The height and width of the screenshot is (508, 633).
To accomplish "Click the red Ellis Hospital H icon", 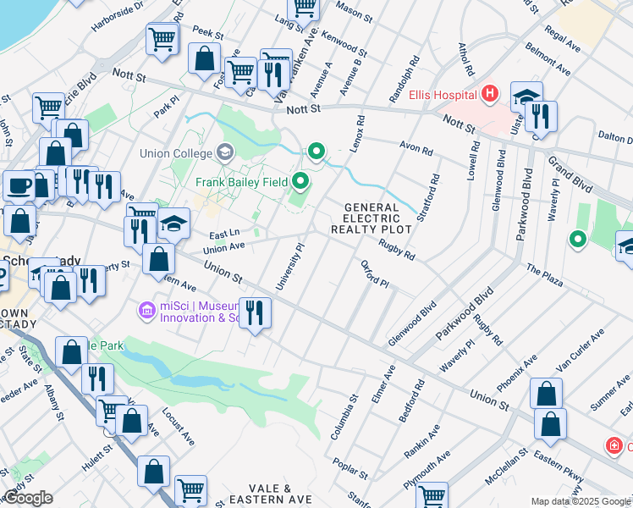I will (x=489, y=93).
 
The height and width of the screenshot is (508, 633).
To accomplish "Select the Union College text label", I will (x=176, y=153).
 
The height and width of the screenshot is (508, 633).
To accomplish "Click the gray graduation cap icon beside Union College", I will (x=225, y=153).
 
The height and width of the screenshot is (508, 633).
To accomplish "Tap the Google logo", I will (x=28, y=498).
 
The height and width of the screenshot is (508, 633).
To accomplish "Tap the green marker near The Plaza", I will (x=578, y=240).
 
